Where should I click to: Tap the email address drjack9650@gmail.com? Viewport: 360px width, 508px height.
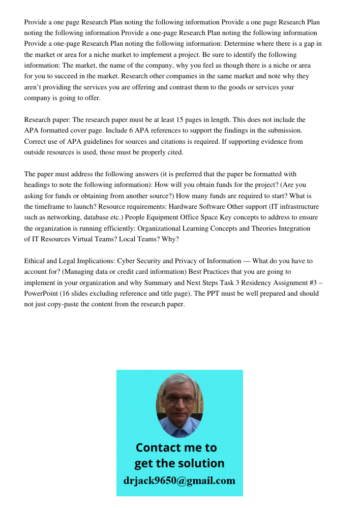[179, 481]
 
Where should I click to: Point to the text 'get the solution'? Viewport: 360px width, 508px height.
[179, 463]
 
